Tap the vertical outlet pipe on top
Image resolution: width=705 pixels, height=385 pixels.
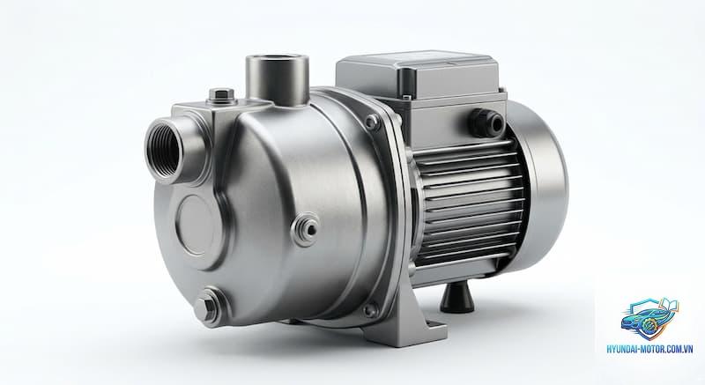click(x=278, y=79)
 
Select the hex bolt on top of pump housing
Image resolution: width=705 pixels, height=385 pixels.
click(x=223, y=96)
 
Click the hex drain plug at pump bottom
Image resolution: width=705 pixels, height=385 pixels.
click(x=208, y=305)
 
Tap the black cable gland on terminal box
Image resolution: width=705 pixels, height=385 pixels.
click(x=487, y=122)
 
